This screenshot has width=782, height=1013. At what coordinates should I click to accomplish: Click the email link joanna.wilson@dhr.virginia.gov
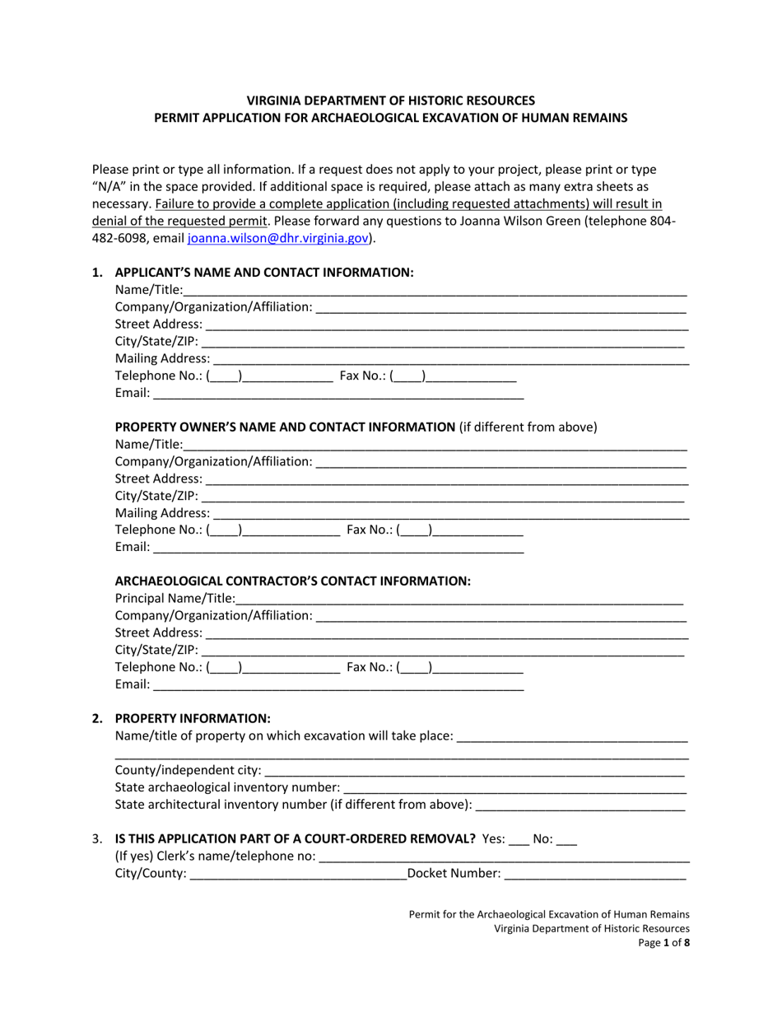point(277,239)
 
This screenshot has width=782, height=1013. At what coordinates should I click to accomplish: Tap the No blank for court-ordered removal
point(567,841)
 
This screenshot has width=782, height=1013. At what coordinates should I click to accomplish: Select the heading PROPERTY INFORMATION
point(193,718)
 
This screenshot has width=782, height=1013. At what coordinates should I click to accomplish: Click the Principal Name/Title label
point(175,599)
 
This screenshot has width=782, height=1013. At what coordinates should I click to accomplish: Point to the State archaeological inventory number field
point(514,788)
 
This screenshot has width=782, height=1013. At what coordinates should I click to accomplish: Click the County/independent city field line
point(474,773)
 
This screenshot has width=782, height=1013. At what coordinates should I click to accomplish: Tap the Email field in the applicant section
point(338,394)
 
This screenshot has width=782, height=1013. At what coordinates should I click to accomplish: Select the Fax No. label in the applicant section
point(363,376)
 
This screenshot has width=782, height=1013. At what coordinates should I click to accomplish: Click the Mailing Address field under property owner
point(450,514)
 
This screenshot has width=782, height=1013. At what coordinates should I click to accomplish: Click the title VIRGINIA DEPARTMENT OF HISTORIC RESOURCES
point(391,100)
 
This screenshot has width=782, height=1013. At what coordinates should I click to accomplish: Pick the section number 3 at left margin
point(97,839)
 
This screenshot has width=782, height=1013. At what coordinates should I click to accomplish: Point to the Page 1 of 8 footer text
point(664,944)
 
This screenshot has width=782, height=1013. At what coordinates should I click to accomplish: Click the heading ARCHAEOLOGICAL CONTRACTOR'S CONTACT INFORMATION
point(292,581)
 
